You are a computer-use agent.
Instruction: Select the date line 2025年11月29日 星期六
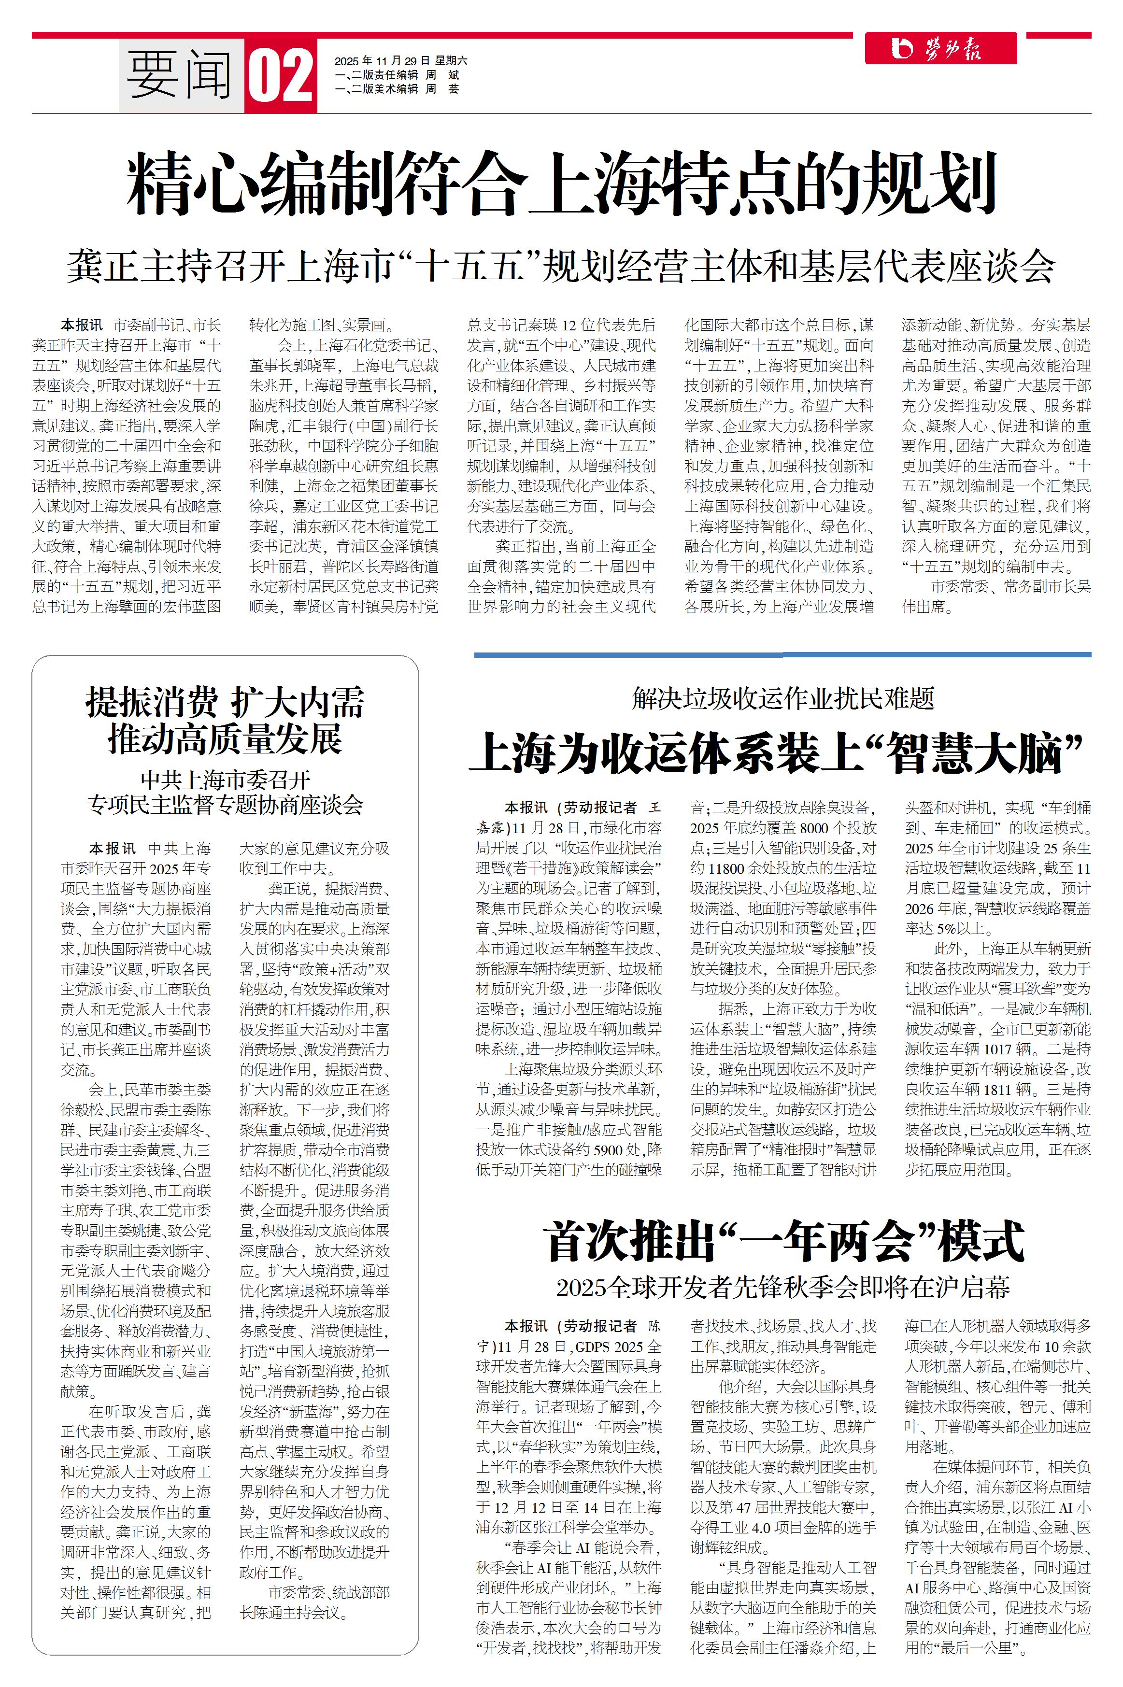click(x=400, y=61)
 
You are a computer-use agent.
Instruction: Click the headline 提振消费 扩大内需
click(x=225, y=702)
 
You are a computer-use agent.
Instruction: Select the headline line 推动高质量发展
click(x=225, y=739)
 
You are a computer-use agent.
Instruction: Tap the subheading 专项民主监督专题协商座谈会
click(x=225, y=805)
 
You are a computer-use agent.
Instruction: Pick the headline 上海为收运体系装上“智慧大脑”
click(x=777, y=752)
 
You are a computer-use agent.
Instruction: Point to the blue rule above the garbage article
click(x=782, y=654)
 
